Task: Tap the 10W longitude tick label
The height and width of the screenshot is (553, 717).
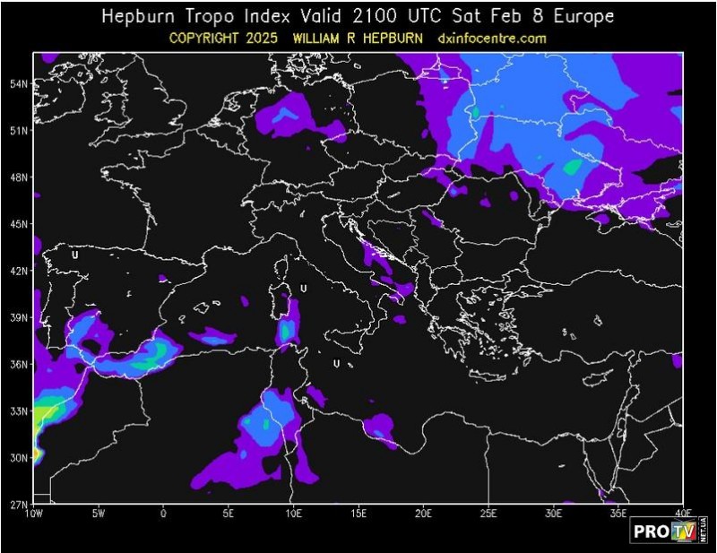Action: [34, 513]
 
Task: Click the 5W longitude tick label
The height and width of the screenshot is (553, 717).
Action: [99, 513]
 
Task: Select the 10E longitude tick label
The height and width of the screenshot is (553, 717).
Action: [293, 513]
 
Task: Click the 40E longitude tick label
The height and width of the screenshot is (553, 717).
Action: [682, 513]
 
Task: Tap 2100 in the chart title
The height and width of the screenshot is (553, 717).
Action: [384, 17]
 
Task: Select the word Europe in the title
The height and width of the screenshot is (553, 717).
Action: [583, 17]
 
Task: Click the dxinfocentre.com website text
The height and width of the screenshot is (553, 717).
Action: [492, 39]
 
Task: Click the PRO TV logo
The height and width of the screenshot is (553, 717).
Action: [669, 530]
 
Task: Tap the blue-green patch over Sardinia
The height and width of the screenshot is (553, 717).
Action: [286, 330]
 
